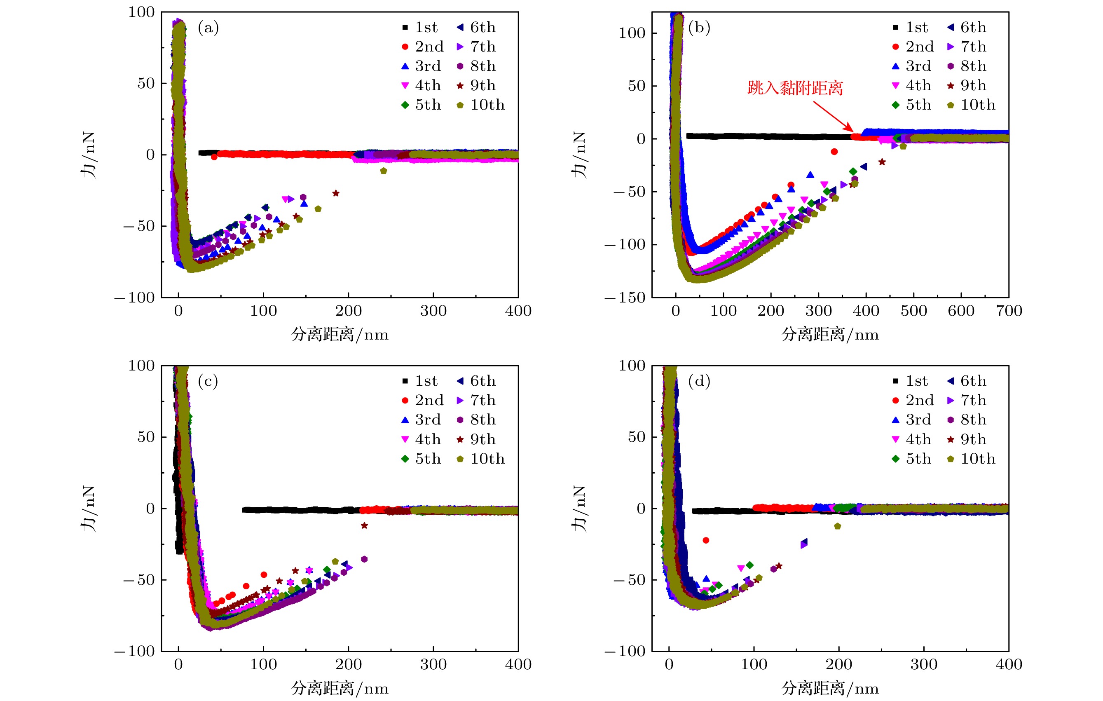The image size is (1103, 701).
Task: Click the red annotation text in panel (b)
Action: [795, 87]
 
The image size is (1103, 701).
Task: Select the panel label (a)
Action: [208, 28]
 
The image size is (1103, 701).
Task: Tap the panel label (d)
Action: [699, 381]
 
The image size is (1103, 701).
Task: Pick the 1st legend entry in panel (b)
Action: [911, 28]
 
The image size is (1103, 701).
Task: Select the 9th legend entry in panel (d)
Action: [967, 439]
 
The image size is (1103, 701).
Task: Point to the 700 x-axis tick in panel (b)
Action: [1009, 311]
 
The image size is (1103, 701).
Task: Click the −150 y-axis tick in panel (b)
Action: [625, 298]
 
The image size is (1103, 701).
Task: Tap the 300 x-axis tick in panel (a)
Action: [433, 311]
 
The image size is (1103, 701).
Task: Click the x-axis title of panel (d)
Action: [829, 689]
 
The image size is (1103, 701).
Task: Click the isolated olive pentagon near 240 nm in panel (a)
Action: [384, 171]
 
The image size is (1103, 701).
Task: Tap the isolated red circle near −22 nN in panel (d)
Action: [706, 541]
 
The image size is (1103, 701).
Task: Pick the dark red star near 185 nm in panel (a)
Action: [336, 193]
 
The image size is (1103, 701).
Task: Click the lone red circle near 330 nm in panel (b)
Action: [834, 152]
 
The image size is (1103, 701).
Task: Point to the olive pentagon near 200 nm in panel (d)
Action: [838, 526]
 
